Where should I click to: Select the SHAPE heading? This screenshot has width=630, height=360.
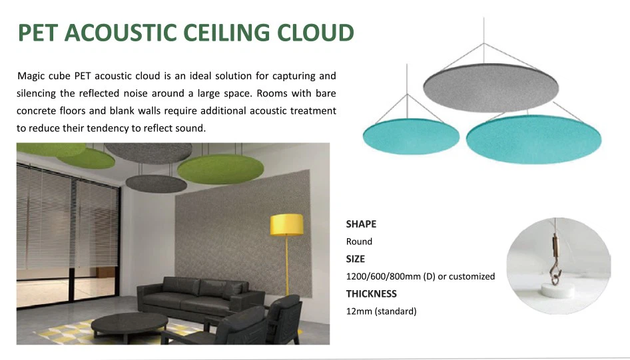click(x=361, y=224)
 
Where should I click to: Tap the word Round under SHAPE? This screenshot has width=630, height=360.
click(x=359, y=242)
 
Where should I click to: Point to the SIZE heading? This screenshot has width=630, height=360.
click(x=356, y=259)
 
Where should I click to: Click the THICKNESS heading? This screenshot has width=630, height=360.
click(x=372, y=293)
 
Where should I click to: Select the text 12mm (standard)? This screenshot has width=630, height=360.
click(x=382, y=311)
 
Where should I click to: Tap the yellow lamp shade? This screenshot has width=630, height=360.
click(x=287, y=224)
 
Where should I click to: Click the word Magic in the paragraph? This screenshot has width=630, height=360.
click(x=33, y=77)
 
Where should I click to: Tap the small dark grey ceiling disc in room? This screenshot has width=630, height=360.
click(x=157, y=181)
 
